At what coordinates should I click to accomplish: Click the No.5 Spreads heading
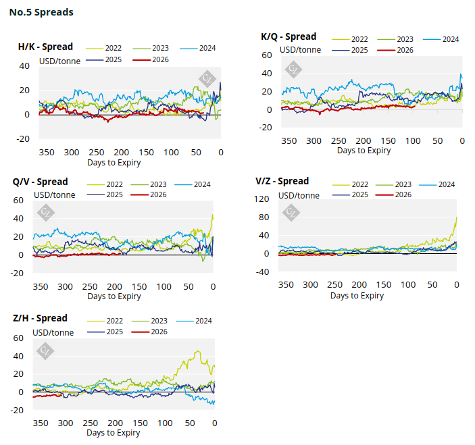[41, 12]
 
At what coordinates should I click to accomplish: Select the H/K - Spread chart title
[45, 47]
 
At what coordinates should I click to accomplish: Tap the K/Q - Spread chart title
[289, 36]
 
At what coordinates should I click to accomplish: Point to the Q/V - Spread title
[41, 182]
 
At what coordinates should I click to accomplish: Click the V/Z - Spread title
[282, 181]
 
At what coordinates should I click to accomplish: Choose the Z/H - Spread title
[41, 318]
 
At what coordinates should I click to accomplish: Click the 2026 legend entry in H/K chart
[159, 60]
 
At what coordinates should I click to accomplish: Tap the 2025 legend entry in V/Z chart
[355, 194]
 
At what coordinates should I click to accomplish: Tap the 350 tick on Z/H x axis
[41, 423]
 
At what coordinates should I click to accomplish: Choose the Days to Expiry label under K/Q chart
[364, 151]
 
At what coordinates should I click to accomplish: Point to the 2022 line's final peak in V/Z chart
[456, 217]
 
